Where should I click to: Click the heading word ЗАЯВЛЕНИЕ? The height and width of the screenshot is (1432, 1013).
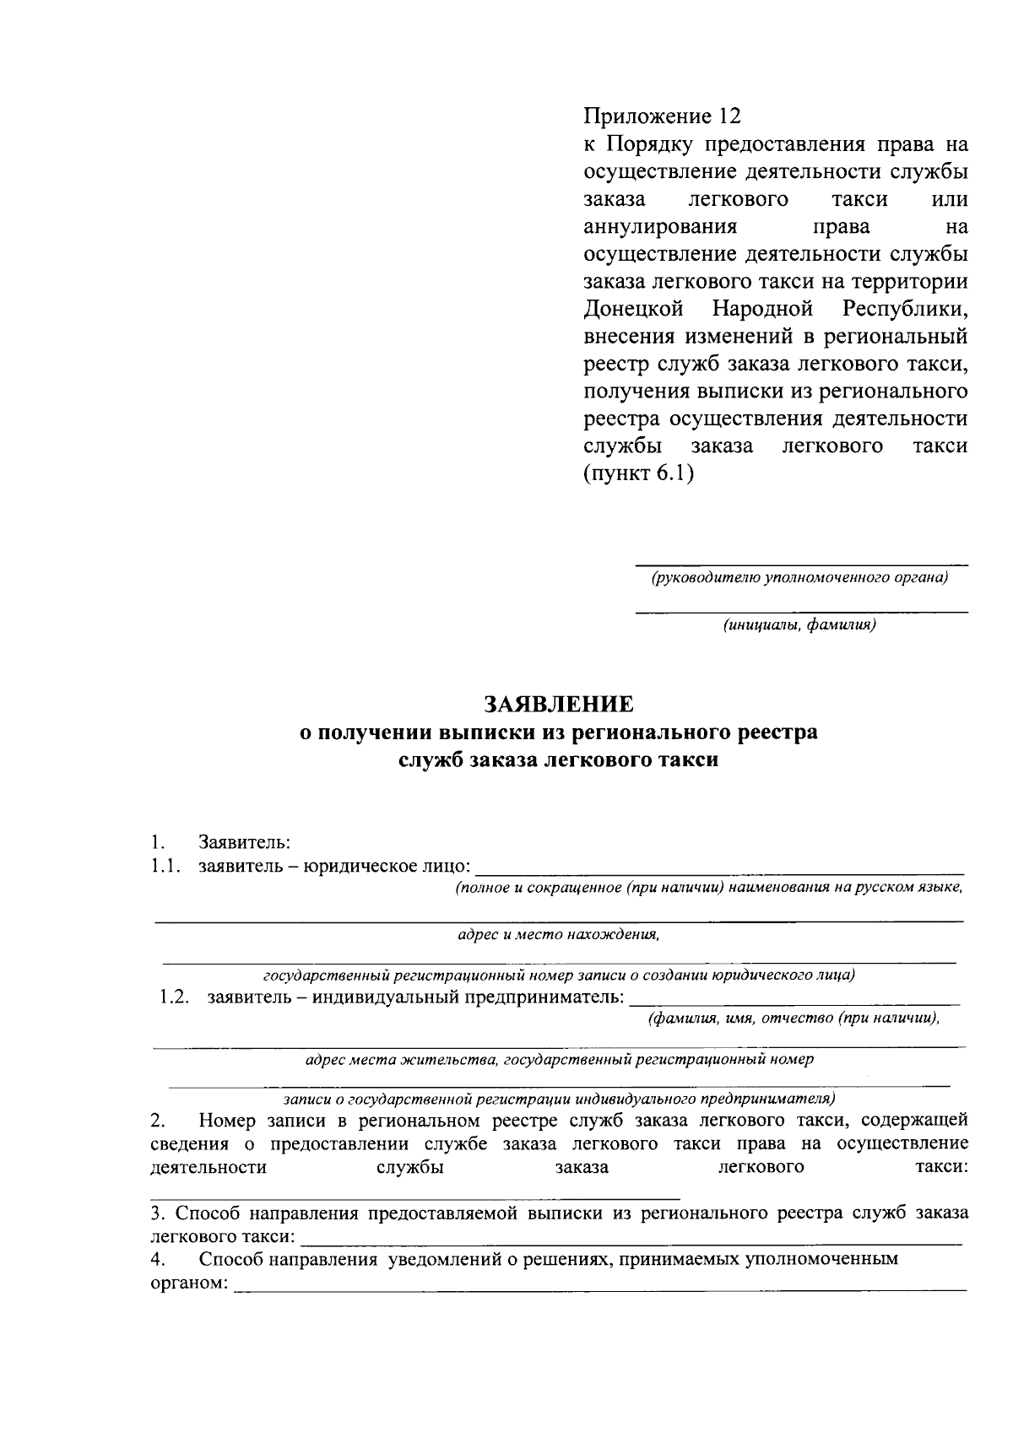point(558,704)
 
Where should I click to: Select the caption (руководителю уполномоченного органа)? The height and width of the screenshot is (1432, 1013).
point(799,578)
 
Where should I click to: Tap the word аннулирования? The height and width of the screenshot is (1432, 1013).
point(660,226)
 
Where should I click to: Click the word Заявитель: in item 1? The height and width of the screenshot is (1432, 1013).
point(245,842)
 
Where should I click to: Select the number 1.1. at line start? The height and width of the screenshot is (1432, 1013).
point(166,866)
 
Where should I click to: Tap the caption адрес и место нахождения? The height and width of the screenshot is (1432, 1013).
point(558,934)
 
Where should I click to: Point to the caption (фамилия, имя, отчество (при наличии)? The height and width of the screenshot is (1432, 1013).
point(793,1019)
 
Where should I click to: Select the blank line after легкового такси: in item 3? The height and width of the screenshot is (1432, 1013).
point(631,1237)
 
